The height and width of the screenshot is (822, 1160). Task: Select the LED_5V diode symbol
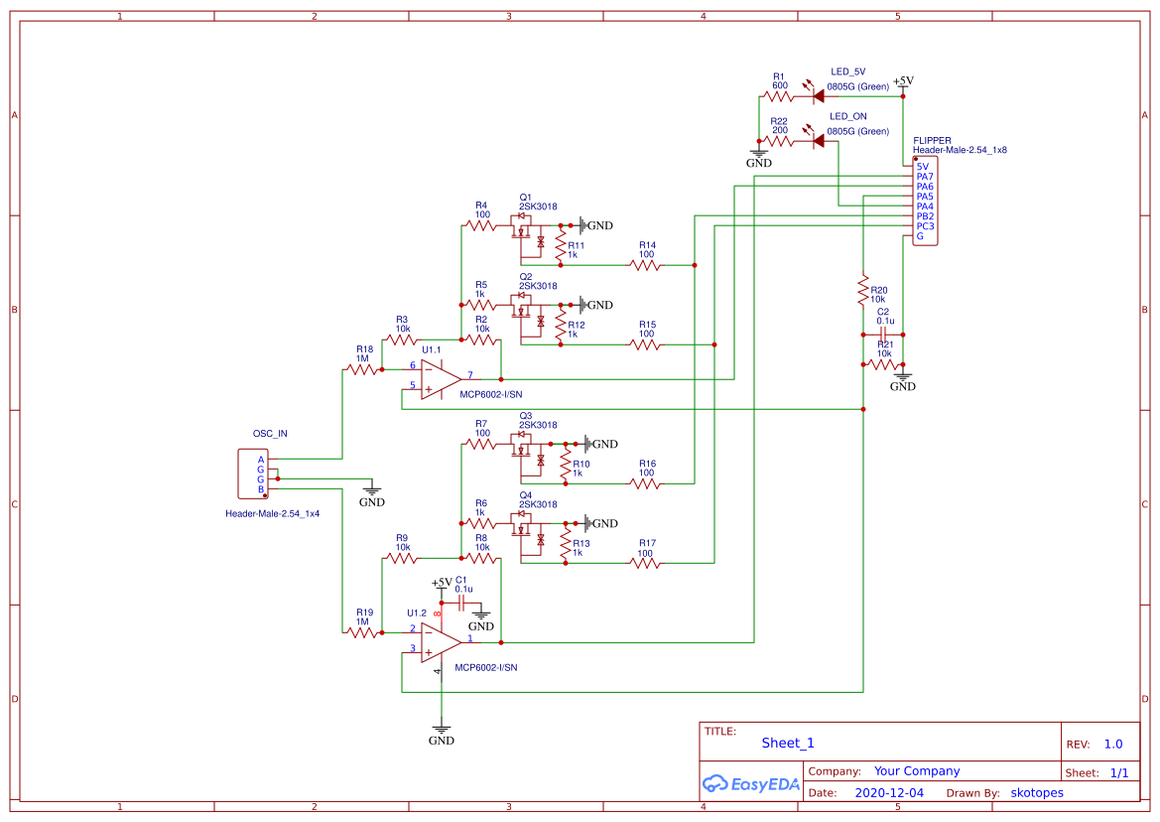(x=818, y=96)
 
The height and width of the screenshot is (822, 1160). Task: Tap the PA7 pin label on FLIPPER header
(x=924, y=177)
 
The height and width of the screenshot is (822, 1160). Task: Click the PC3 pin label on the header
(x=924, y=226)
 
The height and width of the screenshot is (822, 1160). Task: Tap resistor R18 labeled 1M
(x=363, y=369)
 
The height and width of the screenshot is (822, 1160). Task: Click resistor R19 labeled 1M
(x=363, y=631)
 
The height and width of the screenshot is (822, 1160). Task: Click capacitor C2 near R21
(x=883, y=335)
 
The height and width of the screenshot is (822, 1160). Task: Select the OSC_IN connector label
(x=270, y=434)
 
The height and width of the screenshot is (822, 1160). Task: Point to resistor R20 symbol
(x=864, y=290)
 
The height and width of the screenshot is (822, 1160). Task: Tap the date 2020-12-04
(x=889, y=793)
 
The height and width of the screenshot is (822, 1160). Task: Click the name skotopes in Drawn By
(x=1037, y=793)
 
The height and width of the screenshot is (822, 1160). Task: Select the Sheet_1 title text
(x=788, y=743)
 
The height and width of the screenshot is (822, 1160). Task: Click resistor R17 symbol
(x=645, y=563)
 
